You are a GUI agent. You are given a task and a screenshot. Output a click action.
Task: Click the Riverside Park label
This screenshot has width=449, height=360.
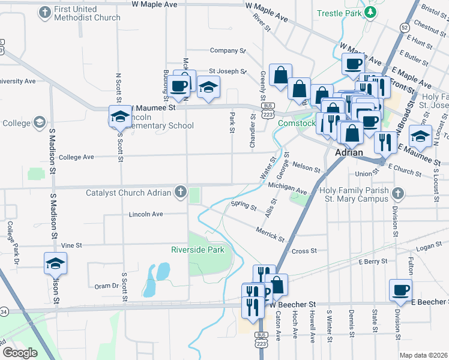[197, 250]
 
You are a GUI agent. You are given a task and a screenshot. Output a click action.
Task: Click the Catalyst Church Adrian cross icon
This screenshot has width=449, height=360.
[179, 193]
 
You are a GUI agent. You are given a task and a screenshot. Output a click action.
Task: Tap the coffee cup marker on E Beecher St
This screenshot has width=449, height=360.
[400, 290]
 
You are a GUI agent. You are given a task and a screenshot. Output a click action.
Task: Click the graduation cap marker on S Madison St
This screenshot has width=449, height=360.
[55, 263]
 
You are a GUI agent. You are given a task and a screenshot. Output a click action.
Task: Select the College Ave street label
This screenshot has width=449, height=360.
[76, 157]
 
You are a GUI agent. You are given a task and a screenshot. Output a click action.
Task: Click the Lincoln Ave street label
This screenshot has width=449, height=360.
[146, 214]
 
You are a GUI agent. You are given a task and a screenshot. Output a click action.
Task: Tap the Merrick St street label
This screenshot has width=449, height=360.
[269, 235]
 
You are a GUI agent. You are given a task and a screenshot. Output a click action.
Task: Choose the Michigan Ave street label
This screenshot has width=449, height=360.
[288, 189]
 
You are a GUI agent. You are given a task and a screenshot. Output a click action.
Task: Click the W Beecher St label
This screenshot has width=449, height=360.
[295, 305]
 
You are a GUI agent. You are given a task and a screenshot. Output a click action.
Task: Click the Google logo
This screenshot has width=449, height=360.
[20, 353]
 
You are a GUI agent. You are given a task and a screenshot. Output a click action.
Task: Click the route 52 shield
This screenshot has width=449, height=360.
[406, 28]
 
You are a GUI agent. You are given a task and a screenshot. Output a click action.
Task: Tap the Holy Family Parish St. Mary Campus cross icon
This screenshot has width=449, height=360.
[398, 193]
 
